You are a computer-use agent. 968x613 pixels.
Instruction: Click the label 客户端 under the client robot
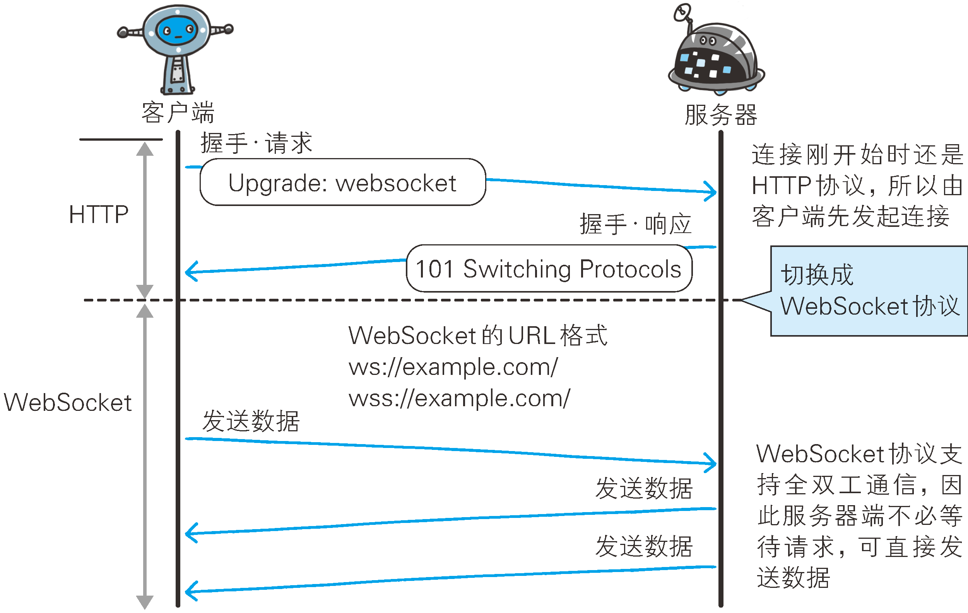coord(178,112)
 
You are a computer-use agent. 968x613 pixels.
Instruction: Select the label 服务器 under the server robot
coord(721,115)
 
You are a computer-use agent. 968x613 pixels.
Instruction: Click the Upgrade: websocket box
coord(342,183)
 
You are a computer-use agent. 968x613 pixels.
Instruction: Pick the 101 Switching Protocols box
coord(549,269)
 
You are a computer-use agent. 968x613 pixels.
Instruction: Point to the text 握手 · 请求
coord(257,143)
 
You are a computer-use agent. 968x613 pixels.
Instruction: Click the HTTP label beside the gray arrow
coord(99,215)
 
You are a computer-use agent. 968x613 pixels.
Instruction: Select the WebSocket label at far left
coord(68,403)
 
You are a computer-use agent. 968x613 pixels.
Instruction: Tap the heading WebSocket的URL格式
coord(477,335)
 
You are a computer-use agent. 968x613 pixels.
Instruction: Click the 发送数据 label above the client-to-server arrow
coord(251,421)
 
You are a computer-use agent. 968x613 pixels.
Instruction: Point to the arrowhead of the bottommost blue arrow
coord(191,591)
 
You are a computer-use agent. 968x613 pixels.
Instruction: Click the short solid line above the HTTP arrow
coord(121,140)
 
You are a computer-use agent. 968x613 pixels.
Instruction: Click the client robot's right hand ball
coord(229,29)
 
